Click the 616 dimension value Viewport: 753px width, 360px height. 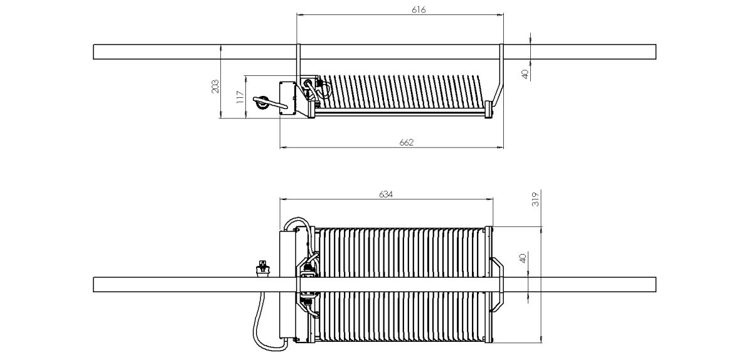click(419, 10)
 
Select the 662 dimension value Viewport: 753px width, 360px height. click(407, 142)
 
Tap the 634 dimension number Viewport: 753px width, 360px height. click(385, 194)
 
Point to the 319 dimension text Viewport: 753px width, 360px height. click(535, 199)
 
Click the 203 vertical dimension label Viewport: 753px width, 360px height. click(215, 87)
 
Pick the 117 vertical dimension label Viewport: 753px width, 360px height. click(240, 97)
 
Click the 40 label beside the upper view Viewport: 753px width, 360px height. click(525, 74)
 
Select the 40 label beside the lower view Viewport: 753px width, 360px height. click(523, 258)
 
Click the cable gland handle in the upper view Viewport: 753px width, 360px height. click(270, 103)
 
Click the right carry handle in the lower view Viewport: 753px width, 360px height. click(498, 284)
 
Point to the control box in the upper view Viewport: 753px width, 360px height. click(288, 98)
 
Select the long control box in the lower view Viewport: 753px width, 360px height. click(288, 284)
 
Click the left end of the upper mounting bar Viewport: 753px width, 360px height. click(93, 52)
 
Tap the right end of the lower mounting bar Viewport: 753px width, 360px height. click(656, 284)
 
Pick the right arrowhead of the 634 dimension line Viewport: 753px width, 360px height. click(490, 199)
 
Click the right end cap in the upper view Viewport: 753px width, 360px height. click(489, 110)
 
